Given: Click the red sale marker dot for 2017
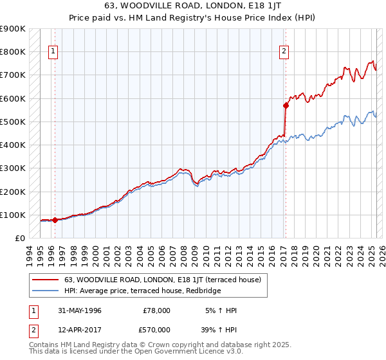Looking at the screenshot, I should [285, 105].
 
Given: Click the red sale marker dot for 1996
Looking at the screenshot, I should [55, 220].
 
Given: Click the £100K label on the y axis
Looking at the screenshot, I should [13, 215].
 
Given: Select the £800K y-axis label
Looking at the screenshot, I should [13, 51].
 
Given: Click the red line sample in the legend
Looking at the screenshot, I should [44, 280].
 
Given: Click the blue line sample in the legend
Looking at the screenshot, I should [44, 291].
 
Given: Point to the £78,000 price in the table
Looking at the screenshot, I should [156, 310].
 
